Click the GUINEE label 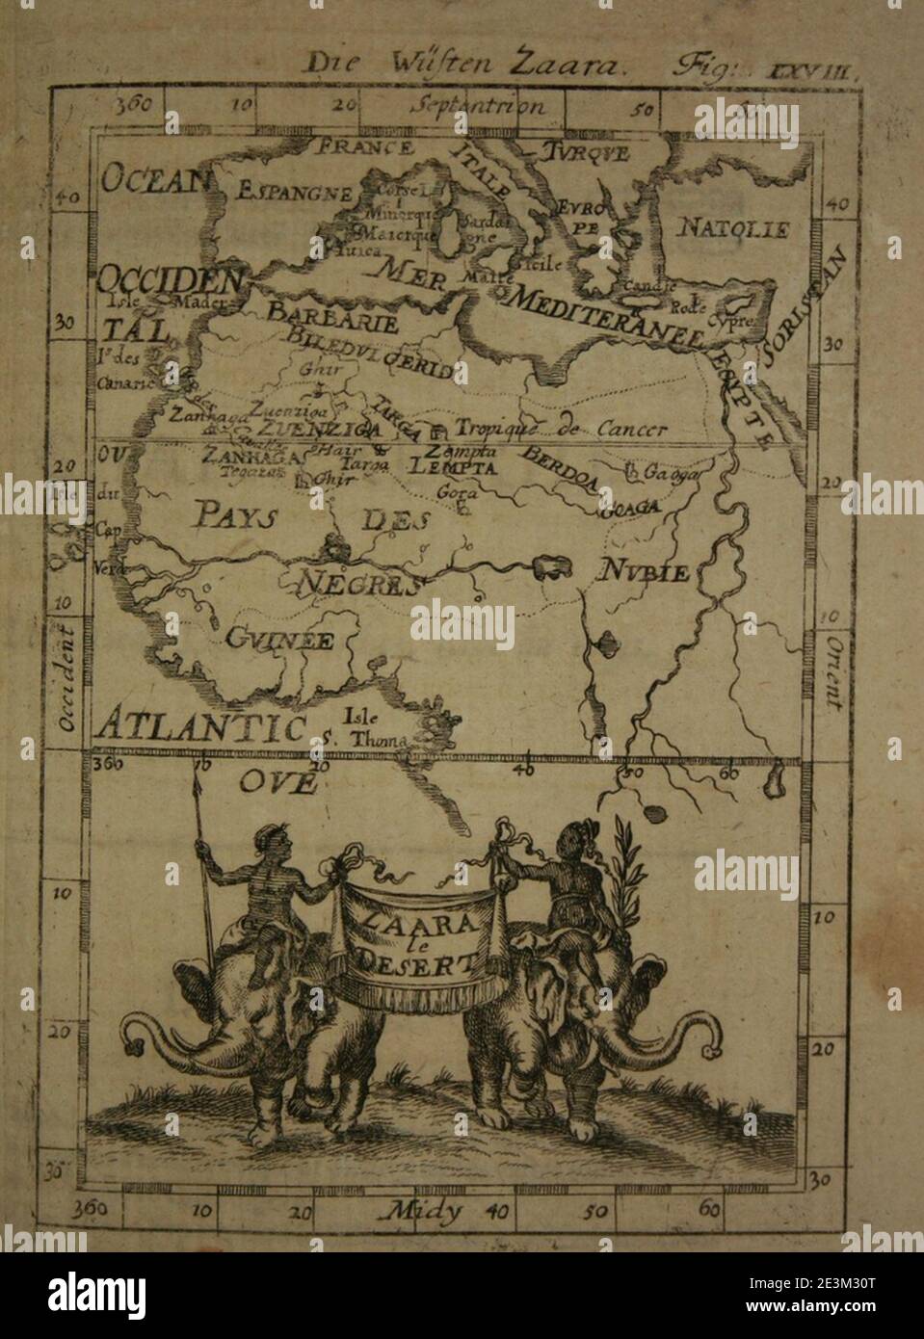[x=280, y=639]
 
